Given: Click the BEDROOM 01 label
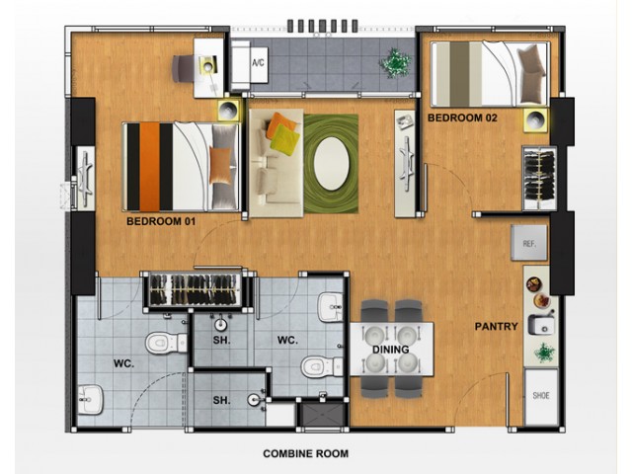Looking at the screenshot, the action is tap(161, 221).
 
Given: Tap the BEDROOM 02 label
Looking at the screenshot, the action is tap(462, 118).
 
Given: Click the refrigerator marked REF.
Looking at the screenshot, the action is tap(529, 243).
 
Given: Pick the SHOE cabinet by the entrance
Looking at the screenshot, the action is tap(541, 396).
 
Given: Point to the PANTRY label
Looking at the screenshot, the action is tap(496, 327).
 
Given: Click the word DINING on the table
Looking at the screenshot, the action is tap(391, 350).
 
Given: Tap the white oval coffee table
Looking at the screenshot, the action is tap(332, 164).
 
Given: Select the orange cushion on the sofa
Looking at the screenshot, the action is tap(281, 125).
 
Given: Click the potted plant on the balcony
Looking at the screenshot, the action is tap(396, 62).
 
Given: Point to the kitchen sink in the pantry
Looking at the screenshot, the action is tap(541, 324).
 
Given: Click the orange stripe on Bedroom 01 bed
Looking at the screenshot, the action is tap(149, 167).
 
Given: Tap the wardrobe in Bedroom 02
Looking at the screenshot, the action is tap(540, 178).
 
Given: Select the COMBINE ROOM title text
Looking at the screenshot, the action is tap(305, 454).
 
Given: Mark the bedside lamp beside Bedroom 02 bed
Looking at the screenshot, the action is tap(536, 119).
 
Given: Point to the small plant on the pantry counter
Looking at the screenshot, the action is tap(544, 353).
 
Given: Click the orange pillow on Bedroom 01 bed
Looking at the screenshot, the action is tap(220, 166).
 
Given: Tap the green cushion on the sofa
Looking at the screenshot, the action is tap(285, 138).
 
